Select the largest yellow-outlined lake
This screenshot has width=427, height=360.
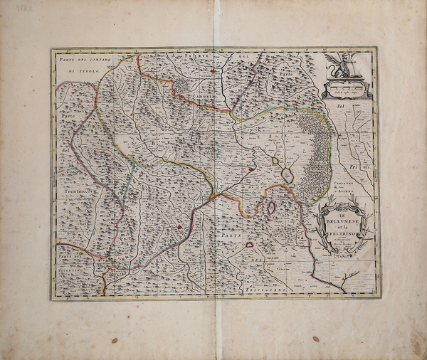tap(288, 174)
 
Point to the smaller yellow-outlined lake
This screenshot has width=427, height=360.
tap(275, 161)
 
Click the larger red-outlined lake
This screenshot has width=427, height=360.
tap(271, 208)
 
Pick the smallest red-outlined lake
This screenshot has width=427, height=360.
tap(250, 244)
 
